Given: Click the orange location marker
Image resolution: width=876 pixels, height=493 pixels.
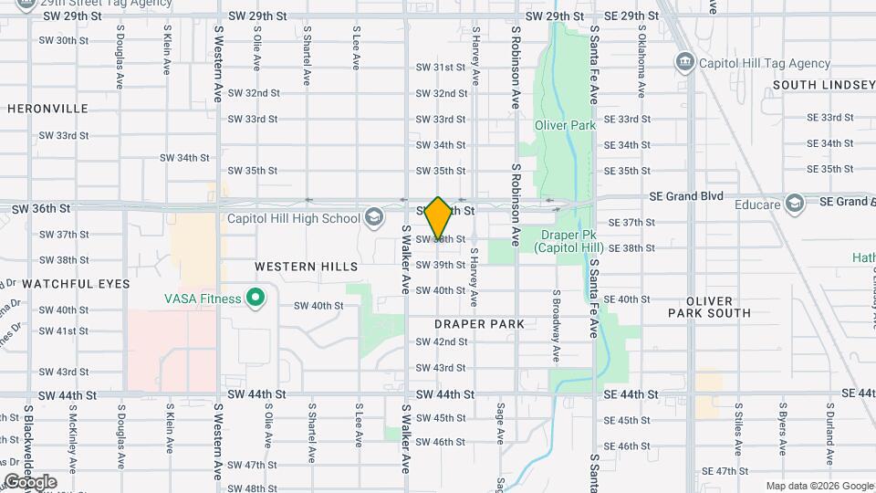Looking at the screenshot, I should point(438,218).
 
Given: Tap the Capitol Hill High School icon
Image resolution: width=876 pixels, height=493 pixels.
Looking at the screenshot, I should point(372,217).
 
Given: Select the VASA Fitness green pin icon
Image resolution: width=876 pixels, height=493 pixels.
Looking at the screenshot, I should point(256,298).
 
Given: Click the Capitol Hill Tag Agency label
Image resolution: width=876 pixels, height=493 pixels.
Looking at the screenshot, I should point(765,63).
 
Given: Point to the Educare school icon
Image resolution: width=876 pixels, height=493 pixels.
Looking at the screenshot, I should point(794,204).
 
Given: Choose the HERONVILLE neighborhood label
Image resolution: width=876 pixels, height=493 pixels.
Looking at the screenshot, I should point(47,109).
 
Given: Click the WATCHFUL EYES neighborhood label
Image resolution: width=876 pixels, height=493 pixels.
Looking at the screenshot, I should point(65,284).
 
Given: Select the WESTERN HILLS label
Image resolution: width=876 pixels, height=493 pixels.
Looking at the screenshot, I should point(307,267).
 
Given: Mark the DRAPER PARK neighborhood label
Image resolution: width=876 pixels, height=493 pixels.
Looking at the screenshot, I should point(479,324).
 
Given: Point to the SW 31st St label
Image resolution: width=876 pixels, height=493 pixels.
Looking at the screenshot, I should point(442,68).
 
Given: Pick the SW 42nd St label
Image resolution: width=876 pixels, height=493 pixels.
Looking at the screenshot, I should point(442,341).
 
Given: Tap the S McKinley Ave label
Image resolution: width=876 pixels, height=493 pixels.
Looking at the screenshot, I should point(71,435).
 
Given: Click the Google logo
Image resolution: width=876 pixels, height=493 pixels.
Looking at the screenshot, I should point(31,482).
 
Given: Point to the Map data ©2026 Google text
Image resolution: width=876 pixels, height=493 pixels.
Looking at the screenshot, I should point(819,486).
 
